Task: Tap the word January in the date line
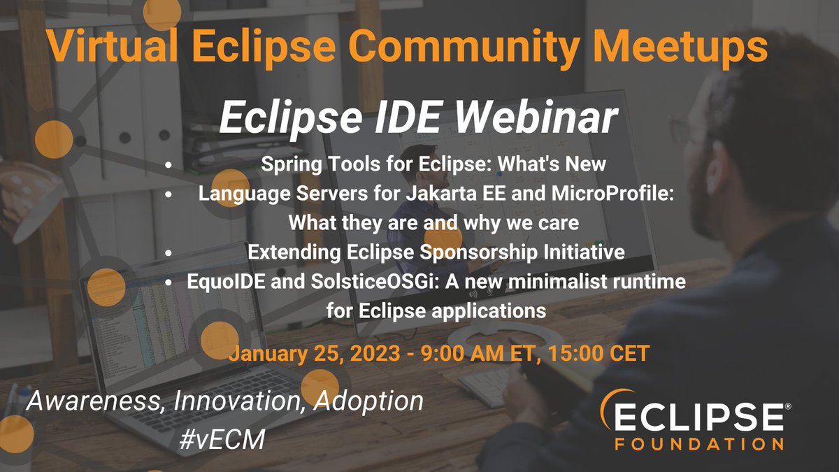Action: click(x=265, y=352)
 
